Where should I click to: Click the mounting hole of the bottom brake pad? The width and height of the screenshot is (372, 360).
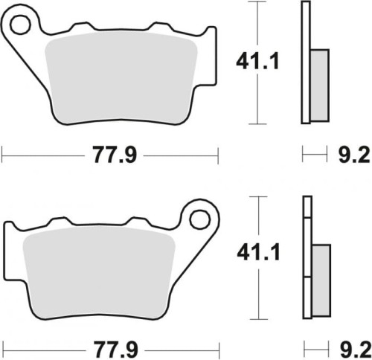coord(199,220)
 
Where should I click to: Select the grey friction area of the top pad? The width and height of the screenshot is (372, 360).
coord(123,74)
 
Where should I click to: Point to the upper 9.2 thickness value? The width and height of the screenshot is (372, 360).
coord(350,156)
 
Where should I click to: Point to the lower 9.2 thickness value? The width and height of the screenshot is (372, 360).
coord(350,347)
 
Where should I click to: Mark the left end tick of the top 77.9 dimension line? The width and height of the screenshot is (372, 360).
coord(3,155)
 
